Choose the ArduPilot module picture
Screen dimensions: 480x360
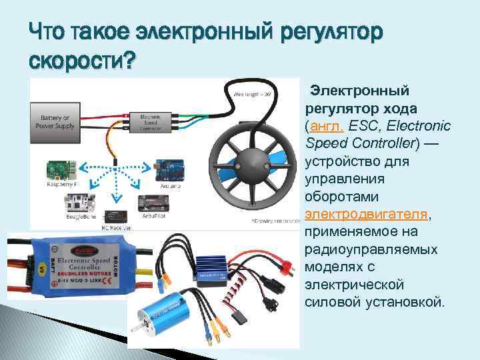(154, 202)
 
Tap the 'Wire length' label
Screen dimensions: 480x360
(251, 93)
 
